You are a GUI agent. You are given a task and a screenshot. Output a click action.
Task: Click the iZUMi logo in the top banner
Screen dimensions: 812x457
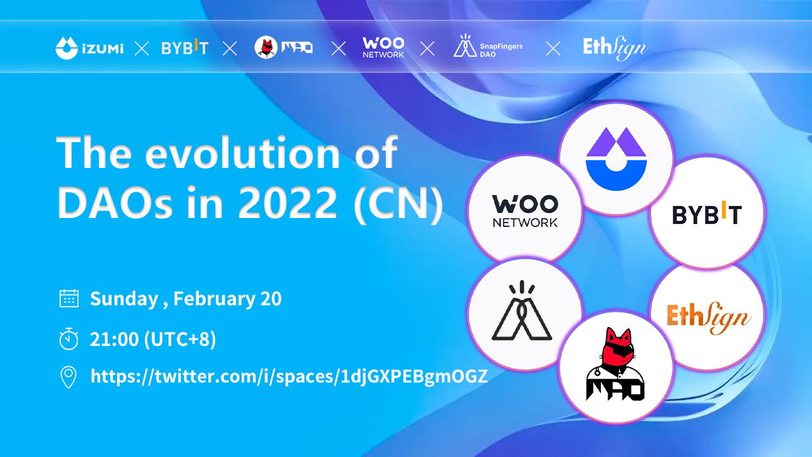(89, 48)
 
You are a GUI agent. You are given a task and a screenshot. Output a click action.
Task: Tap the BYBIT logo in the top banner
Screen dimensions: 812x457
(185, 47)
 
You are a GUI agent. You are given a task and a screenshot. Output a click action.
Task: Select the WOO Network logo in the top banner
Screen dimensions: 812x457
(383, 47)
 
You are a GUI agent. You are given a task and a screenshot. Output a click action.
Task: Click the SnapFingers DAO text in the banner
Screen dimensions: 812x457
(501, 50)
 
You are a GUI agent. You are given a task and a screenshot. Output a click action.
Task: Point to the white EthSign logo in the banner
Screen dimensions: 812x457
(615, 48)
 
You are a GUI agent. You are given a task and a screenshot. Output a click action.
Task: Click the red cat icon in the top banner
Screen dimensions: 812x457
(266, 47)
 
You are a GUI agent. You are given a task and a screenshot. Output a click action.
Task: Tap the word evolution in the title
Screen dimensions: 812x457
(242, 152)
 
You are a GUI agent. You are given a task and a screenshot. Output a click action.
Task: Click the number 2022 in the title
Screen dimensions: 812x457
(288, 202)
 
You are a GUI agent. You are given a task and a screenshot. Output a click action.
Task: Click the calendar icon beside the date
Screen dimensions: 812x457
(69, 298)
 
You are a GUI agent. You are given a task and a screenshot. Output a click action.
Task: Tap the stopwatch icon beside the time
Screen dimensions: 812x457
(68, 339)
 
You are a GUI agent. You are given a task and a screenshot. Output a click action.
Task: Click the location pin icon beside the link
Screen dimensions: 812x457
(68, 377)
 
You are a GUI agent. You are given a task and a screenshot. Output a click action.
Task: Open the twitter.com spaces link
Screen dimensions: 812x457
(289, 376)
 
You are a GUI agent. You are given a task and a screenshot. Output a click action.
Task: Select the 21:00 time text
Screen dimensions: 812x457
(114, 339)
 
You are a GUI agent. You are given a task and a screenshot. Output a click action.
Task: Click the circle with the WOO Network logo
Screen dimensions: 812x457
(524, 211)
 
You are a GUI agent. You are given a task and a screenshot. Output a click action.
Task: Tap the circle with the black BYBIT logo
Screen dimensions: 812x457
(707, 213)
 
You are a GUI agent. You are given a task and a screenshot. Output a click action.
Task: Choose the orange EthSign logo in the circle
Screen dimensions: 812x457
(708, 318)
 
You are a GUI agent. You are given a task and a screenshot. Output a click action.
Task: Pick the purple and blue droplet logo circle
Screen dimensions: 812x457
(616, 158)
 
